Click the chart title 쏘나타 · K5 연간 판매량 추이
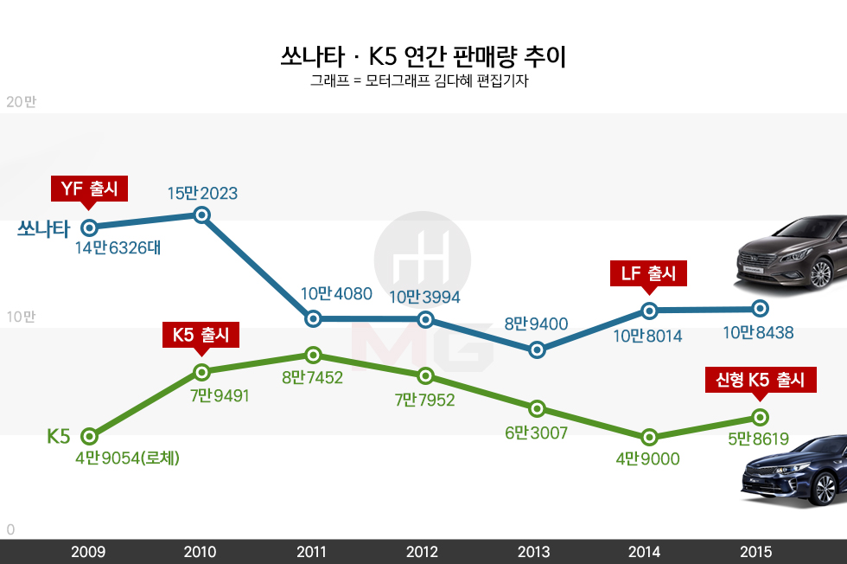click(x=423, y=58)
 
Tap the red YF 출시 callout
click(x=90, y=189)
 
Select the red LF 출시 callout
click(x=648, y=273)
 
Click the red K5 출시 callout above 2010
click(x=201, y=334)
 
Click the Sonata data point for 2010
click(x=202, y=215)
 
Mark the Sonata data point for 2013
click(x=537, y=350)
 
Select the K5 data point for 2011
click(x=313, y=355)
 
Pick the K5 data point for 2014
click(x=649, y=437)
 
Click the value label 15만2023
click(x=202, y=193)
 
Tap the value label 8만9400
click(x=537, y=324)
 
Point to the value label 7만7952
click(x=424, y=400)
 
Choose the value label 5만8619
click(x=759, y=439)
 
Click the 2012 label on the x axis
click(x=423, y=552)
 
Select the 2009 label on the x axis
click(x=89, y=552)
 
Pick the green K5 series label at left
click(x=58, y=437)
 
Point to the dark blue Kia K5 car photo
click(x=793, y=472)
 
